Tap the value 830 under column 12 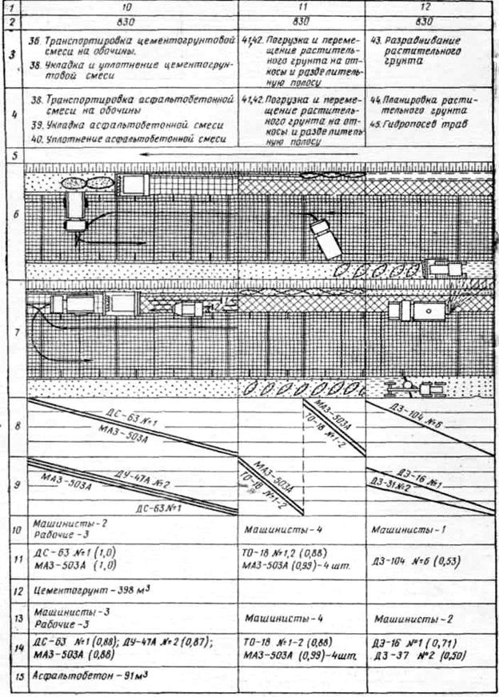tap(425, 20)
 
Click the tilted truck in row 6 tap(326, 237)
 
